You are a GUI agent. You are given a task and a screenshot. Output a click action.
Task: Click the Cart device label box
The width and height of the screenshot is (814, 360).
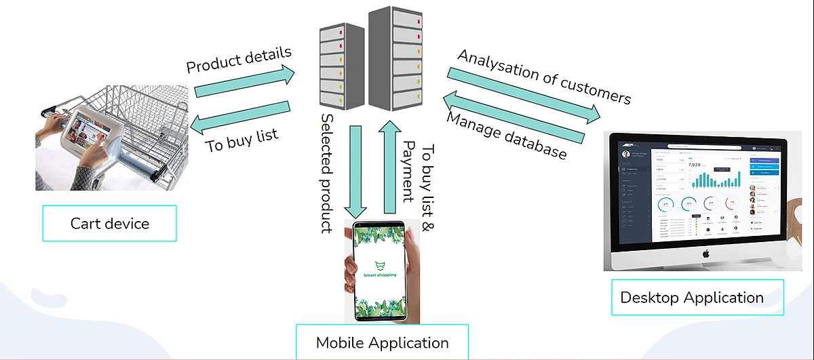[x=109, y=223]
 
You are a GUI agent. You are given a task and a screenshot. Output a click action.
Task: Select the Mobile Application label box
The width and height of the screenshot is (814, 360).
[x=382, y=342]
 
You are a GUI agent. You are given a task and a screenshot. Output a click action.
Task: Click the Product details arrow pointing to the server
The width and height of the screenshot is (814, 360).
[x=245, y=82]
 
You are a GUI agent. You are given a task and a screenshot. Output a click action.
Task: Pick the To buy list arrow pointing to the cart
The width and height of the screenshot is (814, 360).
[x=240, y=115]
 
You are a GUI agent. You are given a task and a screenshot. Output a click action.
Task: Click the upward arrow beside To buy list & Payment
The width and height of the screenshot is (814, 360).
[x=389, y=167]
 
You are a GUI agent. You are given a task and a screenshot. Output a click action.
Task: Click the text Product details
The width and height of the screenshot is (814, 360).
[x=239, y=60]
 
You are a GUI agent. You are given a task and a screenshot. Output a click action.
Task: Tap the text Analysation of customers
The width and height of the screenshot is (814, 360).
[x=544, y=77]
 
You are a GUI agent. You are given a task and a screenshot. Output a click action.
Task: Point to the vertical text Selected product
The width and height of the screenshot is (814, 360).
[x=328, y=173]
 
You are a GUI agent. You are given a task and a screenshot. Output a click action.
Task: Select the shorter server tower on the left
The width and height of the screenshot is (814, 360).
[x=343, y=68]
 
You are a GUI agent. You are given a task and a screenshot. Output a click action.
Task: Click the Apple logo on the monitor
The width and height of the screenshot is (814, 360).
[x=705, y=254]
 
